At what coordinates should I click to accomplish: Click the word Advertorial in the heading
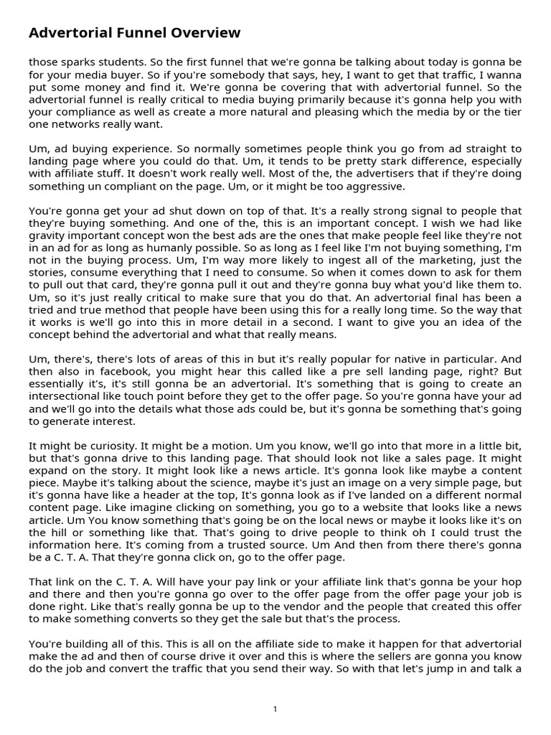point(69,33)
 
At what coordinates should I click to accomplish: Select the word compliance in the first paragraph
point(83,113)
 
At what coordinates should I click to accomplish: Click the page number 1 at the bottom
point(275,709)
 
